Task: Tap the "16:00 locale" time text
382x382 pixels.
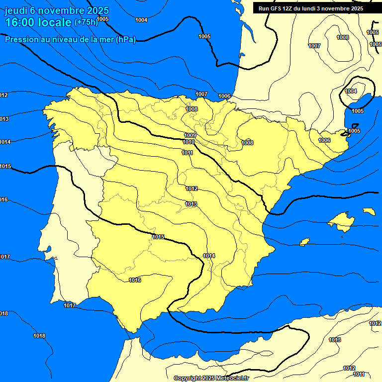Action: point(38,22)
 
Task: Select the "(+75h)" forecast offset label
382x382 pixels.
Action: point(86,22)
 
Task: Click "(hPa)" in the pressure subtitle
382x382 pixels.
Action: point(125,40)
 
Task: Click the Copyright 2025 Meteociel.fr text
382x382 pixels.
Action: point(211,378)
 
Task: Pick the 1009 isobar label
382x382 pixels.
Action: point(190,135)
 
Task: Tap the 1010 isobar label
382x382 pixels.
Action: point(189,142)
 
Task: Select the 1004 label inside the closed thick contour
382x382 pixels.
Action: point(351,91)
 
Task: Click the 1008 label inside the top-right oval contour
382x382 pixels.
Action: point(343,37)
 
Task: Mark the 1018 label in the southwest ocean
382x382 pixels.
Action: point(39,336)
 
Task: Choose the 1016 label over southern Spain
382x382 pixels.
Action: point(135,280)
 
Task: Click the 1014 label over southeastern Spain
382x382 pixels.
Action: point(209,256)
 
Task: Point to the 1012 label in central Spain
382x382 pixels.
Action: point(191,189)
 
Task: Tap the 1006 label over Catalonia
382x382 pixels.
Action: point(324,140)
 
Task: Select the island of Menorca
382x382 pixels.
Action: point(369,211)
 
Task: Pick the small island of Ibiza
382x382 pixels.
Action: point(304,242)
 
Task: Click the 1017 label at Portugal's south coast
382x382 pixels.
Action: point(70,305)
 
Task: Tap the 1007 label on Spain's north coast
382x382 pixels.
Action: point(201,94)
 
